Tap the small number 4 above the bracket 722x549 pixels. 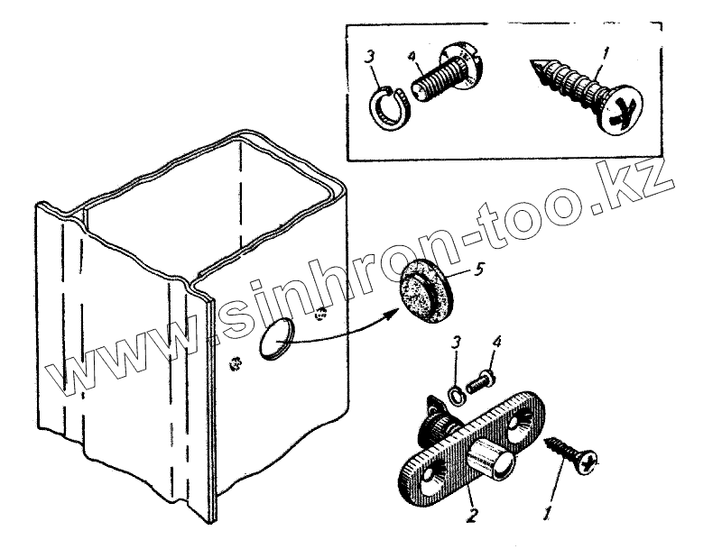[496, 343]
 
